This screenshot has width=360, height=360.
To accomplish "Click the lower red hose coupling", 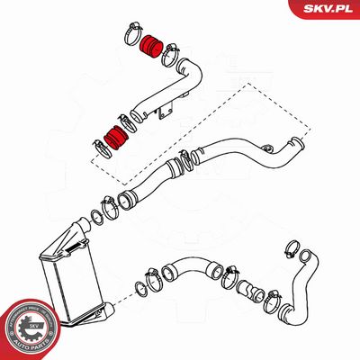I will [115, 137].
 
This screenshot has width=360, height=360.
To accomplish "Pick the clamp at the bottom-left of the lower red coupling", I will [101, 146].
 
